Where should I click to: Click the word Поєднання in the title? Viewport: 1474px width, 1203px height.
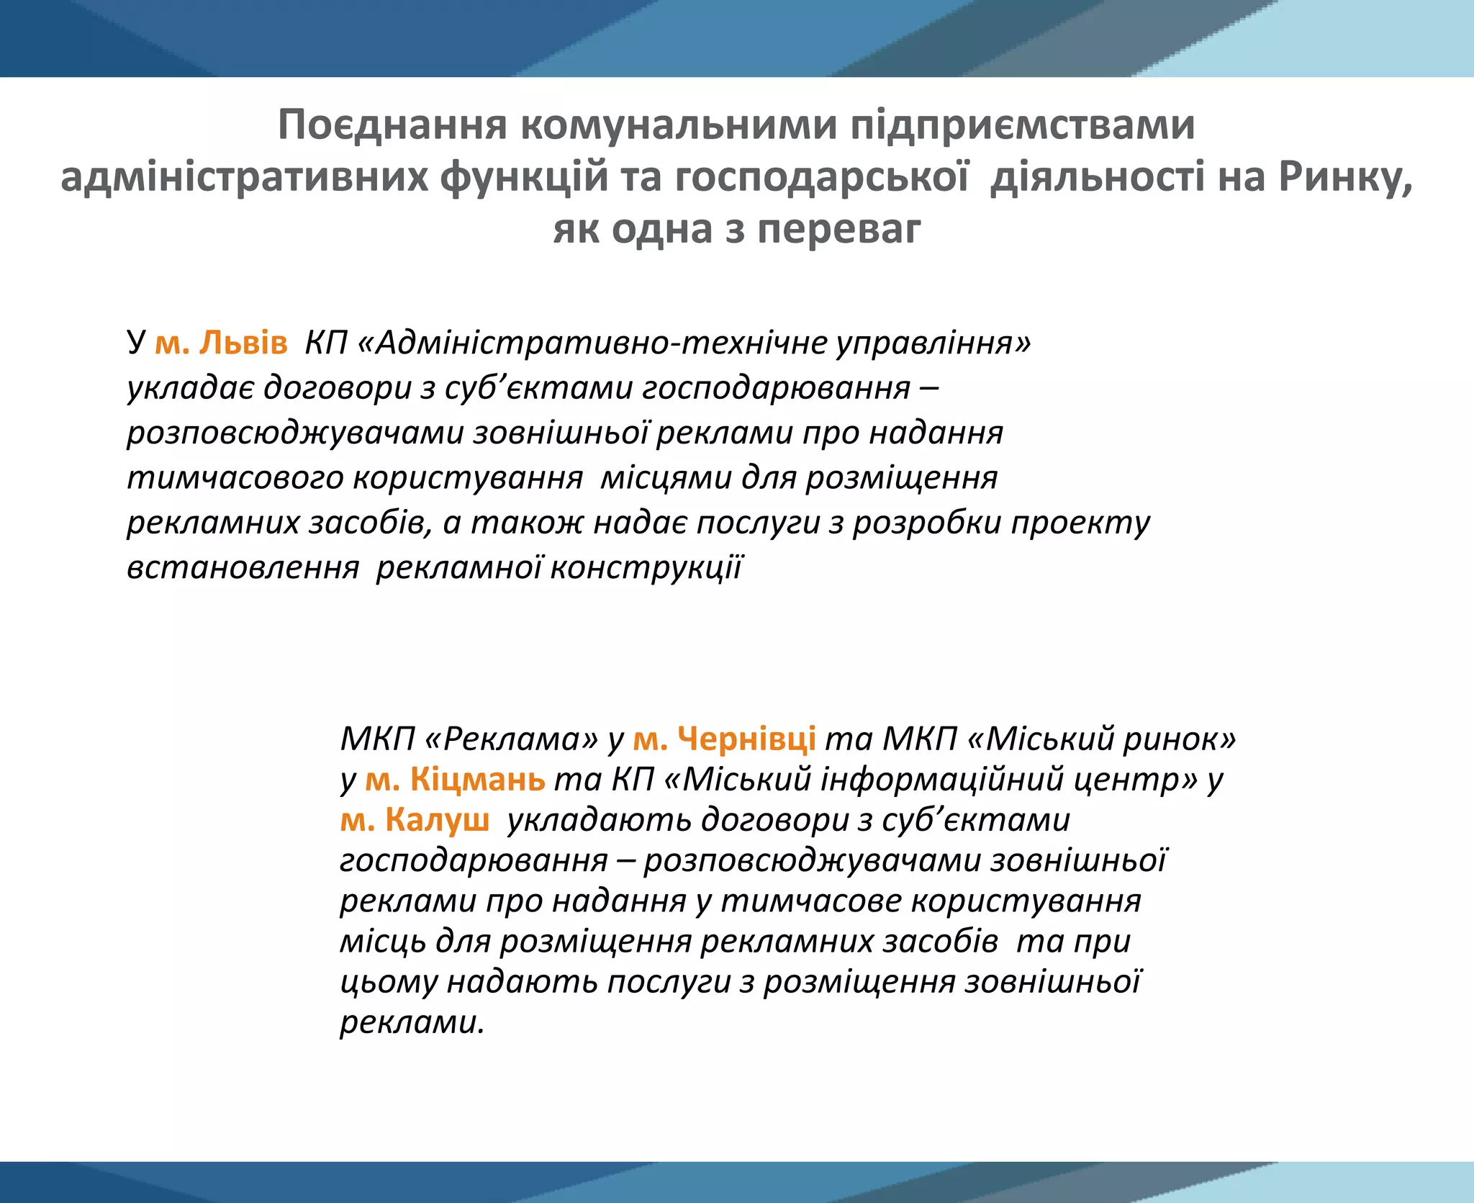[392, 125]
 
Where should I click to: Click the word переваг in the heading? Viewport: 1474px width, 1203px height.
[838, 230]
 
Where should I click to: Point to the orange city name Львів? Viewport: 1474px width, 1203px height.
[243, 343]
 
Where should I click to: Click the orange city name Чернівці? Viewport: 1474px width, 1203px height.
[746, 739]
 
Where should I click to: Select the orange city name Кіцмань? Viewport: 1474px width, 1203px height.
[477, 779]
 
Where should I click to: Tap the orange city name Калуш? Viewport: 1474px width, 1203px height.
[437, 820]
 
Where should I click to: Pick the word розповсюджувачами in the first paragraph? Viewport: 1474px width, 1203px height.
[295, 433]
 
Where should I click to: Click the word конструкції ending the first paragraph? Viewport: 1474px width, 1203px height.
[646, 568]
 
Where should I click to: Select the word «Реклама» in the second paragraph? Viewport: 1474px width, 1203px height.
[512, 739]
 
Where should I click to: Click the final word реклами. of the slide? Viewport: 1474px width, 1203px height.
[412, 1022]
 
